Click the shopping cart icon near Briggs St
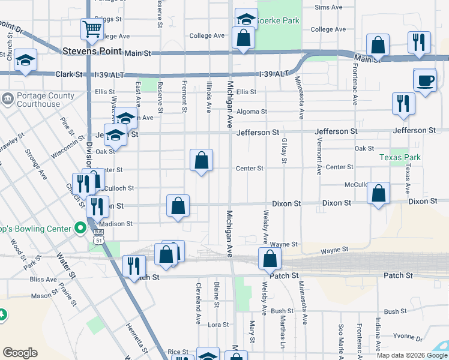pyautogui.click(x=92, y=28)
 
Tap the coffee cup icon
pyautogui.click(x=425, y=80)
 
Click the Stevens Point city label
pyautogui.click(x=92, y=52)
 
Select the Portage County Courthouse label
pyautogui.click(x=38, y=100)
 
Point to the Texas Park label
pyautogui.click(x=400, y=157)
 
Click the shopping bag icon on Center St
pyautogui.click(x=202, y=160)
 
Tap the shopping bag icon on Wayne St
pyautogui.click(x=270, y=259)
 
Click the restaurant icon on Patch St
pyautogui.click(x=134, y=266)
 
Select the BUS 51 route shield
pyautogui.click(x=98, y=236)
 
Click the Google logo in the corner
pyautogui.click(x=20, y=353)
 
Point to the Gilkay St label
pyautogui.click(x=283, y=150)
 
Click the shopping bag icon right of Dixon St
pyautogui.click(x=378, y=193)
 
